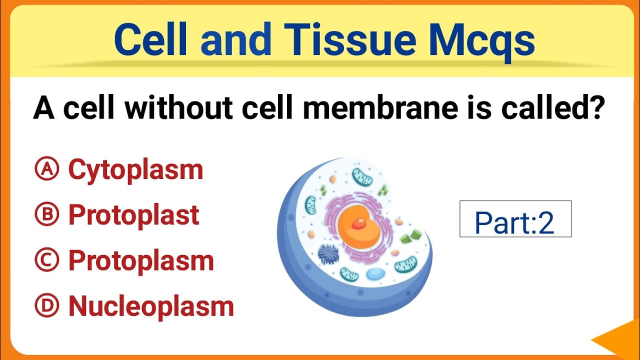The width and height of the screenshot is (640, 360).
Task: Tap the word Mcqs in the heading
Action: (x=482, y=41)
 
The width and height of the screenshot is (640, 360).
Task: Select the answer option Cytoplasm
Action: (x=135, y=170)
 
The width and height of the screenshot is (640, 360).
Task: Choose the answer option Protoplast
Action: (x=133, y=215)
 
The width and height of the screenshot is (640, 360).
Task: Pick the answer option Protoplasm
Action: (x=141, y=260)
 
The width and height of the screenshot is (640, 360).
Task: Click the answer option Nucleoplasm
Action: (x=151, y=306)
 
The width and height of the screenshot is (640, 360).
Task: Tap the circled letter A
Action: (x=47, y=169)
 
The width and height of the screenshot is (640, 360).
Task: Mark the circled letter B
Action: (x=47, y=215)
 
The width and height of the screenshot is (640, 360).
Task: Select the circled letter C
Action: (x=47, y=260)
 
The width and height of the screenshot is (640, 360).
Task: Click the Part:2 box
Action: (x=515, y=219)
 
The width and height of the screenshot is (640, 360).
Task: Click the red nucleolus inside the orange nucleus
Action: (x=358, y=223)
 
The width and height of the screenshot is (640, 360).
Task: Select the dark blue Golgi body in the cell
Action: (x=329, y=254)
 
